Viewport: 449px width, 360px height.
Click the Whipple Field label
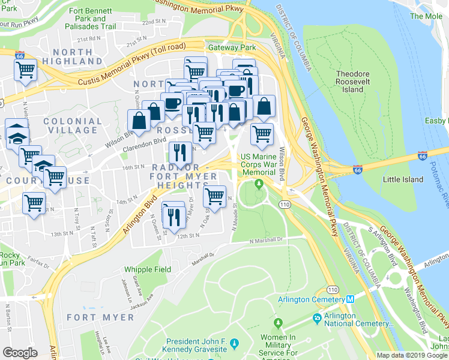[x=148, y=270]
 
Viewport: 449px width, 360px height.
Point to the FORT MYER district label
[x=100, y=317]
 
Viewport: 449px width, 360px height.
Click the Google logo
[x=20, y=353]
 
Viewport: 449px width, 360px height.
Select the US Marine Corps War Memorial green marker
[x=259, y=184]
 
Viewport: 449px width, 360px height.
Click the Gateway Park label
[x=232, y=47]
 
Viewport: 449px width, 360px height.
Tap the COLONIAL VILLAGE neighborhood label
[x=73, y=125]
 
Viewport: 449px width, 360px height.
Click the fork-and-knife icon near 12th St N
[x=173, y=216]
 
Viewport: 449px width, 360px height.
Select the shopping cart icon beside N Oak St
[x=214, y=196]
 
